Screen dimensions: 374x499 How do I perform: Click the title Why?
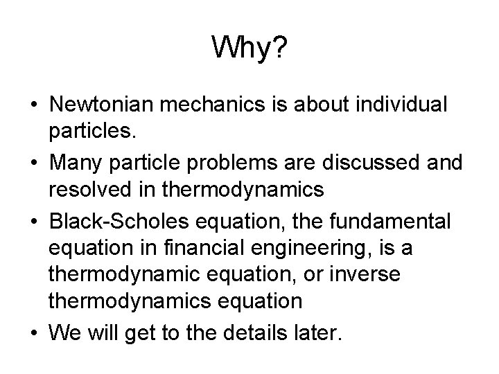(249, 48)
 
